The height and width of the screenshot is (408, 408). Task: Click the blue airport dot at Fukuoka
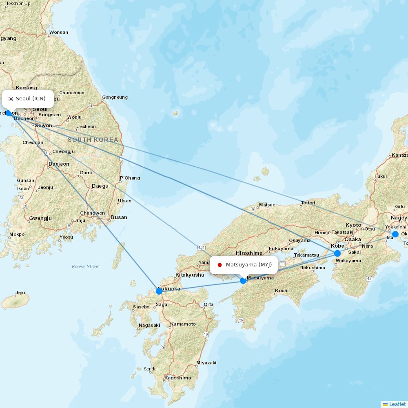(x=159, y=291)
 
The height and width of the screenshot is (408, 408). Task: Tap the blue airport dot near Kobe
(x=337, y=253)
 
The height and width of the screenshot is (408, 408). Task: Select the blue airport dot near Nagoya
(x=395, y=234)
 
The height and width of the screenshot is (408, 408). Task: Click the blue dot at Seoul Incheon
(x=9, y=113)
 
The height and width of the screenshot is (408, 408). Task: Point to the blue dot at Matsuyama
(x=243, y=281)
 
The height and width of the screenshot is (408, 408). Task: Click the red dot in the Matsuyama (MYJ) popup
(x=220, y=265)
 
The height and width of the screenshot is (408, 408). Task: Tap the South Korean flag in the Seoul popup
(x=11, y=99)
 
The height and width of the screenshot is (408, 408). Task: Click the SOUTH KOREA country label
(x=93, y=140)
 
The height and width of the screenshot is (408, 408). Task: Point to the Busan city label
(x=119, y=217)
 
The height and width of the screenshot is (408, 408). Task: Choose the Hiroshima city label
(x=249, y=253)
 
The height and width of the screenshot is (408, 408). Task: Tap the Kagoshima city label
(x=177, y=378)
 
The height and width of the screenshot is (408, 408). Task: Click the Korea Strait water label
(x=85, y=266)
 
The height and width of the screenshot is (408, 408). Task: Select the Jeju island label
(x=20, y=293)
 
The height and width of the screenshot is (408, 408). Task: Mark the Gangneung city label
(x=115, y=97)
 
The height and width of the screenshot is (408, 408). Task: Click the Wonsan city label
(x=58, y=32)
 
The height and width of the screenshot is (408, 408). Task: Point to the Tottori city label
(x=308, y=203)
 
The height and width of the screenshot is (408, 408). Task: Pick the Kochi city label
(x=282, y=290)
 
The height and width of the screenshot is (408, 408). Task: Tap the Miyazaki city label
(x=206, y=363)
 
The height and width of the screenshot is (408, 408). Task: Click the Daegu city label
(x=100, y=186)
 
